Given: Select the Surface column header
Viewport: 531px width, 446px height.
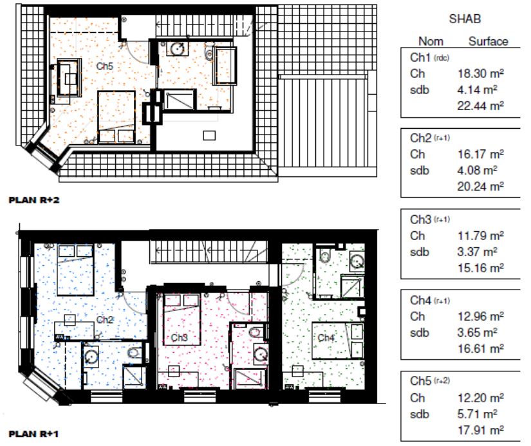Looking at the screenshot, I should click(488, 41).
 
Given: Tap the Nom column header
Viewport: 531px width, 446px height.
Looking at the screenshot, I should click(431, 41).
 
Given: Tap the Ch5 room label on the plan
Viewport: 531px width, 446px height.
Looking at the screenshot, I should click(104, 66).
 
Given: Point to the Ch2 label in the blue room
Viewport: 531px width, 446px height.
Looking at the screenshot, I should click(104, 320).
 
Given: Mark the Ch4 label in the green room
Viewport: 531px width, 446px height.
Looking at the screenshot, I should click(326, 337).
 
